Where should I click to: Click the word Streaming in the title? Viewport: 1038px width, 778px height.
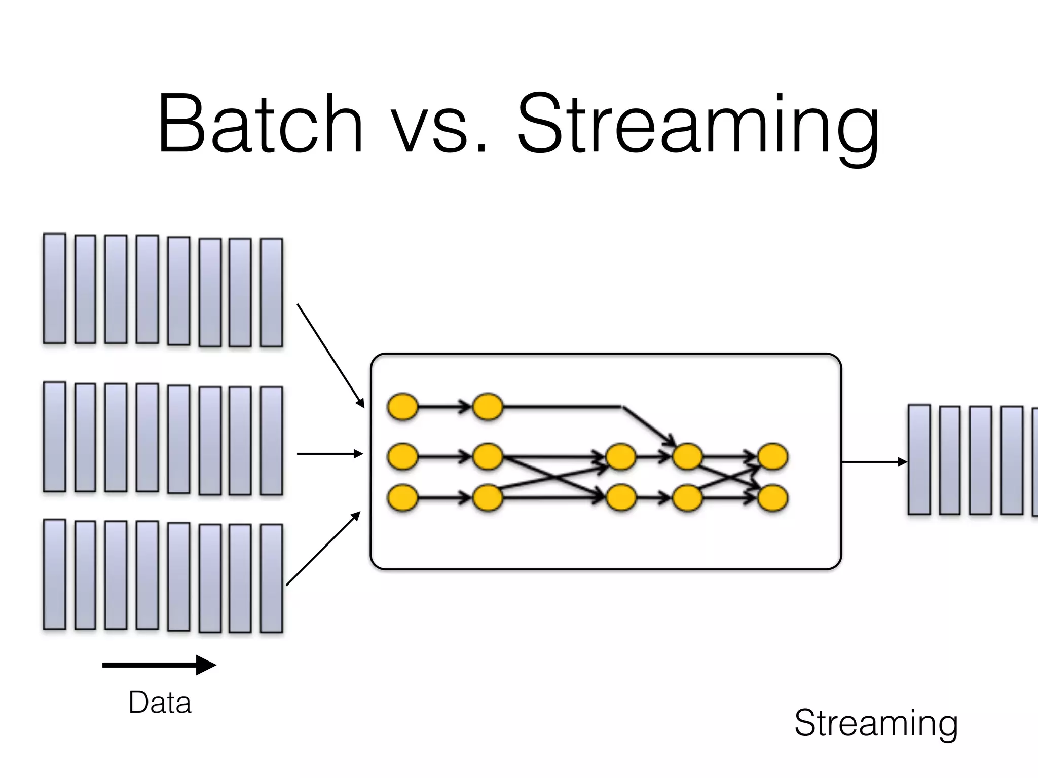[698, 127]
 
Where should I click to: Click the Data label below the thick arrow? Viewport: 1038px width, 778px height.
[160, 703]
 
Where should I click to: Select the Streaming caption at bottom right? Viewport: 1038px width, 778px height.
[876, 723]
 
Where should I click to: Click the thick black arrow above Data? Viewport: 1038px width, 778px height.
[159, 665]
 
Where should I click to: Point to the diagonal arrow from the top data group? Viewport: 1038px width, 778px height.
[330, 356]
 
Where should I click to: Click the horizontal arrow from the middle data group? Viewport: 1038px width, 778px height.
[329, 454]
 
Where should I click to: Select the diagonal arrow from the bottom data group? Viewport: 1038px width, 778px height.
[323, 549]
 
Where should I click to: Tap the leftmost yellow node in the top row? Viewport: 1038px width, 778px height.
[403, 406]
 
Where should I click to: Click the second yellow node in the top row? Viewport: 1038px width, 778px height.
[488, 406]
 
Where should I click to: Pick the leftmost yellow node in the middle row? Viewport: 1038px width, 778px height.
[403, 457]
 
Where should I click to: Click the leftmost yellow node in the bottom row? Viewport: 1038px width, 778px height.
[403, 498]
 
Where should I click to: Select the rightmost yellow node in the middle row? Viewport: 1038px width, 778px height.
[772, 457]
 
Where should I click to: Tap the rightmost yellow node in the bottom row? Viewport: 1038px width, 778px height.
[772, 498]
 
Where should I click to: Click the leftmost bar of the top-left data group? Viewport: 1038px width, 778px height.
[55, 288]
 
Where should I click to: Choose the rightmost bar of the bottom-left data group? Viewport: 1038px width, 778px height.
[271, 578]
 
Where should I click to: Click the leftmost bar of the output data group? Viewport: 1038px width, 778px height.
[919, 459]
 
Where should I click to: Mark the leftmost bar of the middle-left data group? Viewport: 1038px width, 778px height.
[55, 437]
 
